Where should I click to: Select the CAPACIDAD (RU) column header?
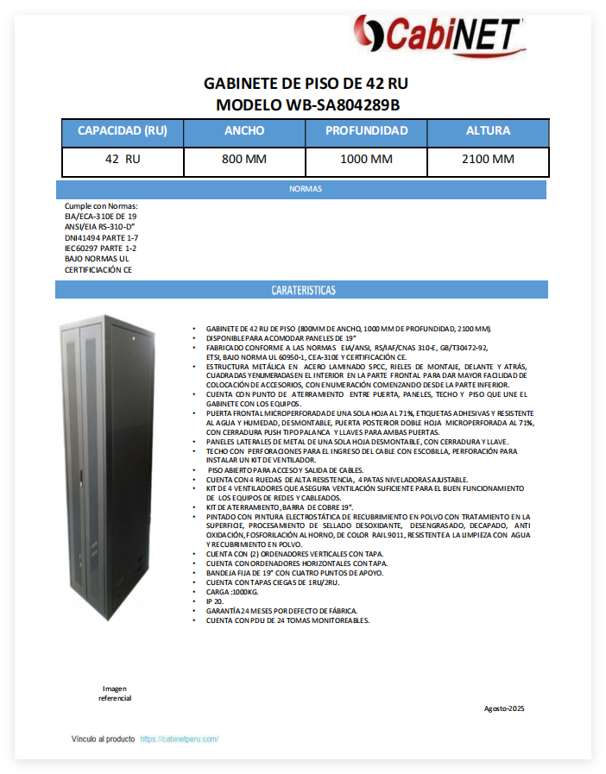[x=123, y=131]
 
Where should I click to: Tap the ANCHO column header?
[x=244, y=131]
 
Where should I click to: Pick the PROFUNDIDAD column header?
[x=366, y=131]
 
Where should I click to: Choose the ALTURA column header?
[x=488, y=131]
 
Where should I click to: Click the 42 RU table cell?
[x=123, y=160]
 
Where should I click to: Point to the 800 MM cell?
[x=244, y=160]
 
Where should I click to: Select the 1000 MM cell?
[x=366, y=160]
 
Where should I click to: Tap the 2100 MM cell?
[x=488, y=160]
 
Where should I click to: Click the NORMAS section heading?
[x=305, y=188]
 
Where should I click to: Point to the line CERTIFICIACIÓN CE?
[x=98, y=269]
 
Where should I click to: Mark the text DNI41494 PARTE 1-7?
[x=101, y=237]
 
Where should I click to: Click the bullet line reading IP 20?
[x=216, y=601]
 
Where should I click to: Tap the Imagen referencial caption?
[x=115, y=693]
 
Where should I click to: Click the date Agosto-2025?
[x=504, y=708]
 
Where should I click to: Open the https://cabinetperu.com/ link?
[x=179, y=739]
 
